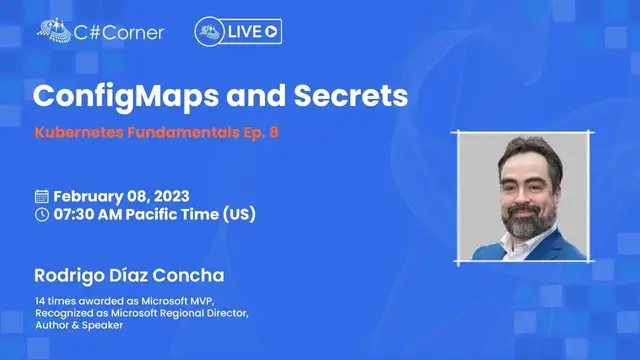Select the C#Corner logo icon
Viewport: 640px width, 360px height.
[54, 30]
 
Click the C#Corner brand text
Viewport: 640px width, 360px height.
[121, 31]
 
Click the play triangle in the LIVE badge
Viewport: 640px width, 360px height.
[272, 32]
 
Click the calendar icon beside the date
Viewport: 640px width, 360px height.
[41, 195]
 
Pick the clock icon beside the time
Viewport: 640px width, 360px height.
[41, 213]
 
